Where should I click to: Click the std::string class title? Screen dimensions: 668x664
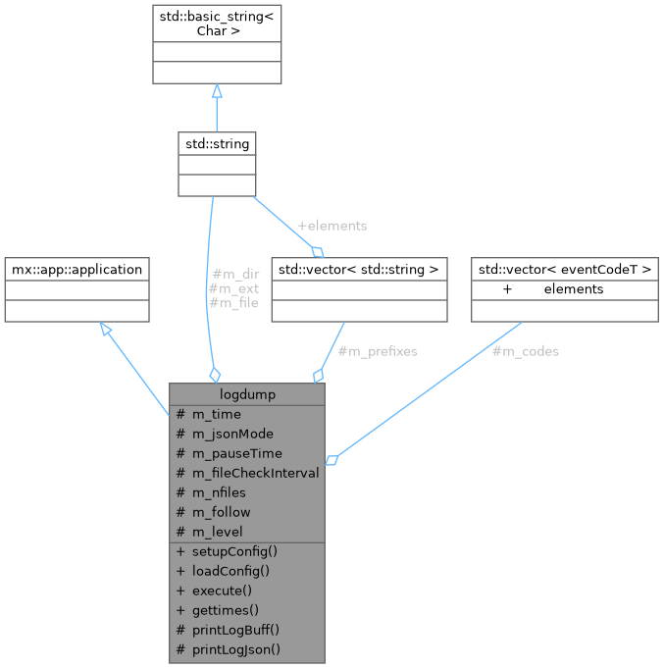(217, 143)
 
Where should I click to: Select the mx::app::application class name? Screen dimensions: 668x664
(77, 269)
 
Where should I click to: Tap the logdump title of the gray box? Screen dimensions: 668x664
(247, 393)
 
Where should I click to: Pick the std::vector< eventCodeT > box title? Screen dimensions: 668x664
(564, 269)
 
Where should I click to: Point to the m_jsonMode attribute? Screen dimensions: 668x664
(232, 434)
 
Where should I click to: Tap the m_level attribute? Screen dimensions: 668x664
(217, 532)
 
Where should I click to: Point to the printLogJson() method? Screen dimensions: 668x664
(235, 649)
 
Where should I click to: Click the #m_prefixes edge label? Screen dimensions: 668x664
(377, 351)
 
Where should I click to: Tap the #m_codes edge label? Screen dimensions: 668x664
(525, 351)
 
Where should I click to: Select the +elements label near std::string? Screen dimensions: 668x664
(332, 226)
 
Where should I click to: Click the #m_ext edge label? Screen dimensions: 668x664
(233, 288)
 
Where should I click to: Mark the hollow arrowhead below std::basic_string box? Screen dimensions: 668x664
(217, 90)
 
